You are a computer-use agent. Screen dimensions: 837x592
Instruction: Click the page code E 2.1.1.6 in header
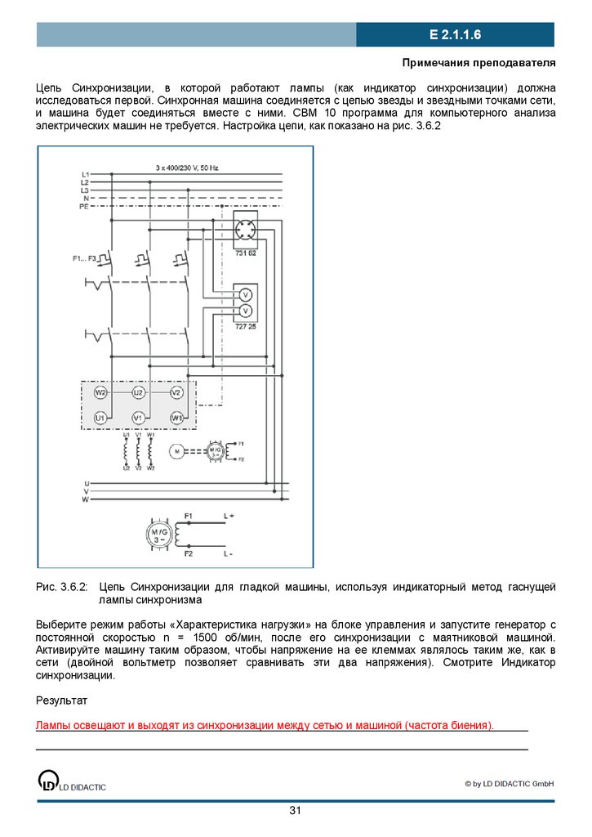point(455,35)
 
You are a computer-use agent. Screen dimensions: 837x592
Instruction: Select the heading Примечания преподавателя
point(479,63)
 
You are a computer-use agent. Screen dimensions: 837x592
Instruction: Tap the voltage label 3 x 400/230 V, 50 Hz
point(187,168)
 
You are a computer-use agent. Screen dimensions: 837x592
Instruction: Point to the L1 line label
point(85,175)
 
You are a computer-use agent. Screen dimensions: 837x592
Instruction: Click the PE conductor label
point(84,208)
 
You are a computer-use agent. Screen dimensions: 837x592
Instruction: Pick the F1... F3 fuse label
point(84,259)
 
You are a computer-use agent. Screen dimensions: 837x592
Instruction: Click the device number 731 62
point(245,254)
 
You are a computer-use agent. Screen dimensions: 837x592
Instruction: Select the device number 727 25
point(245,325)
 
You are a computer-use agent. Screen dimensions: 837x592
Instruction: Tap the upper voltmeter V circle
point(245,293)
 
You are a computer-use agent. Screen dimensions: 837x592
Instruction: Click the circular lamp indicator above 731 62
point(245,228)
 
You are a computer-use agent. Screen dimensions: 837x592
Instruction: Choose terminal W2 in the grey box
point(100,393)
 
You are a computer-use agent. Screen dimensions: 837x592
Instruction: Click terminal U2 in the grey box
point(139,393)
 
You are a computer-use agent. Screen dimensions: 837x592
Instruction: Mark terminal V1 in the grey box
point(139,418)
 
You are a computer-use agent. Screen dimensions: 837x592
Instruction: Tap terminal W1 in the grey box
point(176,418)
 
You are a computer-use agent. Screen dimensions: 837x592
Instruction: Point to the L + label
point(229,516)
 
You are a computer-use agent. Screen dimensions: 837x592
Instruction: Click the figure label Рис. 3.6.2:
point(61,588)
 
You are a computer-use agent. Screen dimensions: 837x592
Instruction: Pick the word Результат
point(61,700)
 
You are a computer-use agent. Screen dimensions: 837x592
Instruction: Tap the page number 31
point(296,810)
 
